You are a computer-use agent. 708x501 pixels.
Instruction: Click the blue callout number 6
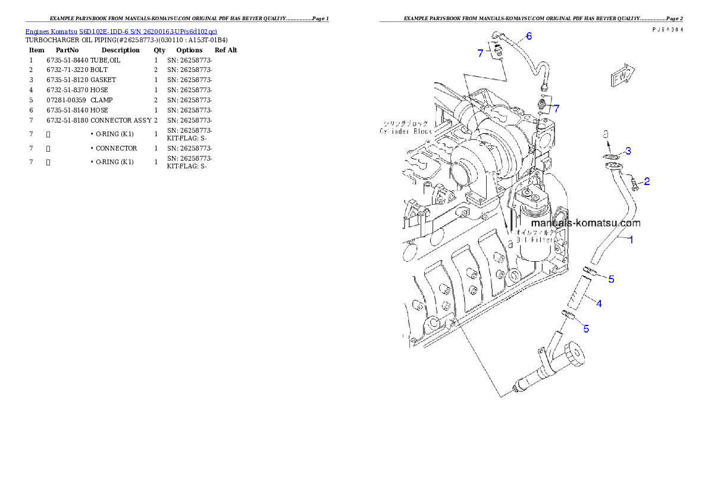pos(528,36)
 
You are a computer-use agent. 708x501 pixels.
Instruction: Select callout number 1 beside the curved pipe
pos(631,240)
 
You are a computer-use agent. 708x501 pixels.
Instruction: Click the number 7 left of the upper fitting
pos(480,53)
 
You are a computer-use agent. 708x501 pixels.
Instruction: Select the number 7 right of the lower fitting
pos(556,108)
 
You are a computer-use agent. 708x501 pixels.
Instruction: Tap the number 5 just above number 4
pos(610,278)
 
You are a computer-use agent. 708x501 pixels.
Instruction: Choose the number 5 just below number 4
pos(585,328)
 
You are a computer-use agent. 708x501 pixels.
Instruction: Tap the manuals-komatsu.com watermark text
pos(581,223)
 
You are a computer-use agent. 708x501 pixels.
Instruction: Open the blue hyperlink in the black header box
pos(121,31)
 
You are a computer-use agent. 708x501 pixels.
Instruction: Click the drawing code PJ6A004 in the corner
pos(666,30)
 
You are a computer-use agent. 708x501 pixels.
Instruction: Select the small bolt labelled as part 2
pos(634,183)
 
